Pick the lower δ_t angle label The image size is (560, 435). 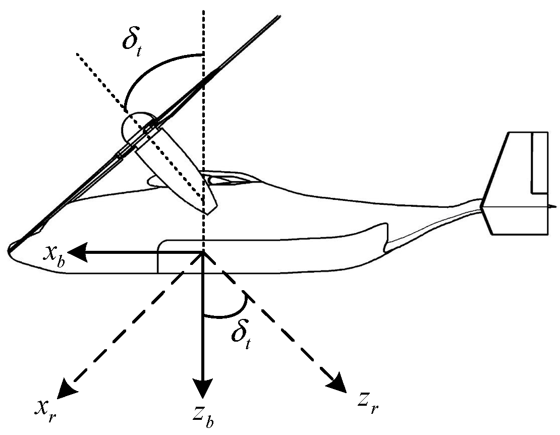coord(242,334)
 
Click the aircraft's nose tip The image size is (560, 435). coord(11,247)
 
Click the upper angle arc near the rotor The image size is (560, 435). coord(151,66)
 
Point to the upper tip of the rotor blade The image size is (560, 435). coord(278,17)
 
